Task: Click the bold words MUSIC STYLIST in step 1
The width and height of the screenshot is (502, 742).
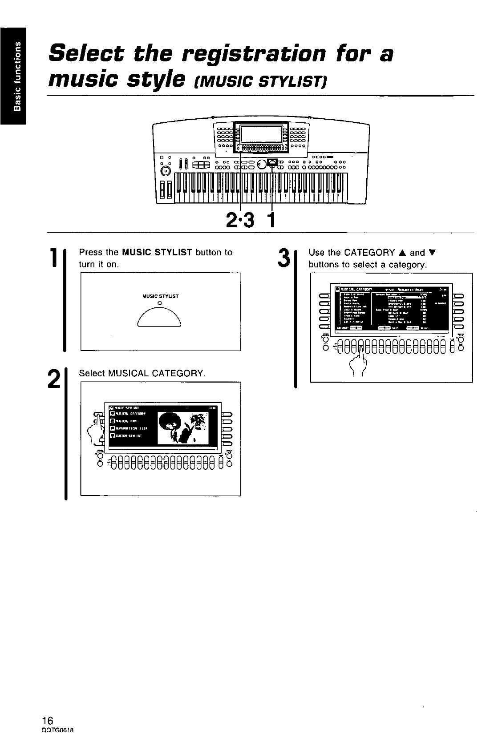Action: tap(157, 253)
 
